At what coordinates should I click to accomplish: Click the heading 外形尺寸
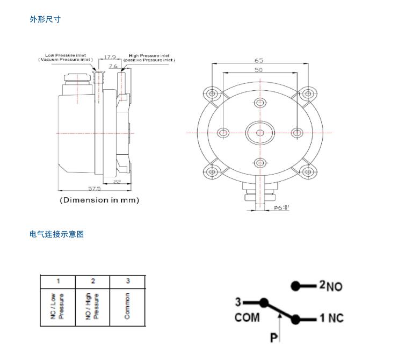[45, 19]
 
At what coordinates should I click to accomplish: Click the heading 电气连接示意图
[56, 234]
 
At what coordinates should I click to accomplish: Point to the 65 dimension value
[259, 60]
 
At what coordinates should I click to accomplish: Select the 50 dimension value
[259, 70]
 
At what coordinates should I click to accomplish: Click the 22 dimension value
[117, 182]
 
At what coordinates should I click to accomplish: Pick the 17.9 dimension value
[110, 56]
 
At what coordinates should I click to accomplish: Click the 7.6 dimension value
[113, 66]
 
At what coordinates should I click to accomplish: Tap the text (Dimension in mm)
[99, 200]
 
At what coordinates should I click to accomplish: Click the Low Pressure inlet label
[66, 55]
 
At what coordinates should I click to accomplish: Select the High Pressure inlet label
[149, 55]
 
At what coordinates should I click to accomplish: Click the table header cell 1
[58, 281]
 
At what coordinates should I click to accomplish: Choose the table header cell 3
[128, 281]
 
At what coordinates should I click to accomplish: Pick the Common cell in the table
[127, 306]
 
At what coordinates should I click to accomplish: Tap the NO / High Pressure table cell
[92, 306]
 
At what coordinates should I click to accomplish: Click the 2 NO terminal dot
[295, 286]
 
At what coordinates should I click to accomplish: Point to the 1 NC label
[331, 318]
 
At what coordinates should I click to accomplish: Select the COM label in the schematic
[247, 318]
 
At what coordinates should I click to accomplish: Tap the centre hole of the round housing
[260, 133]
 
